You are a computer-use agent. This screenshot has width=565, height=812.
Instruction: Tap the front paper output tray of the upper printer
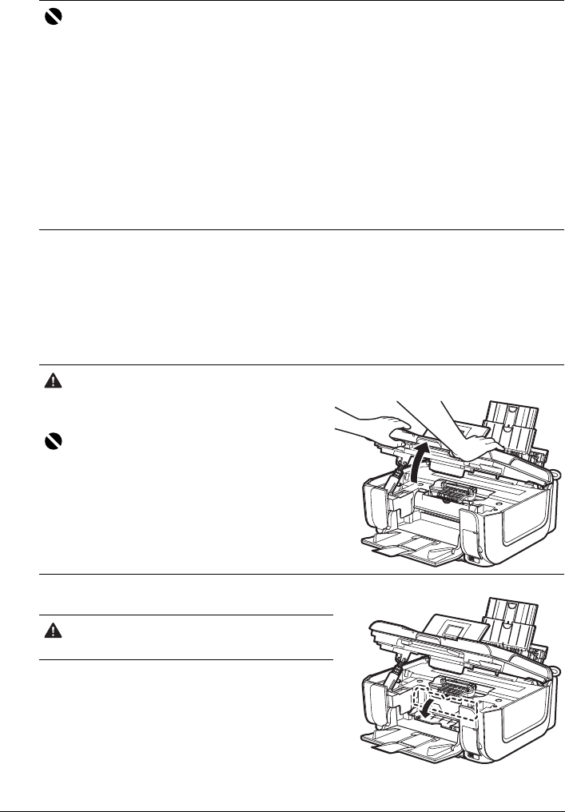[x=408, y=549]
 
